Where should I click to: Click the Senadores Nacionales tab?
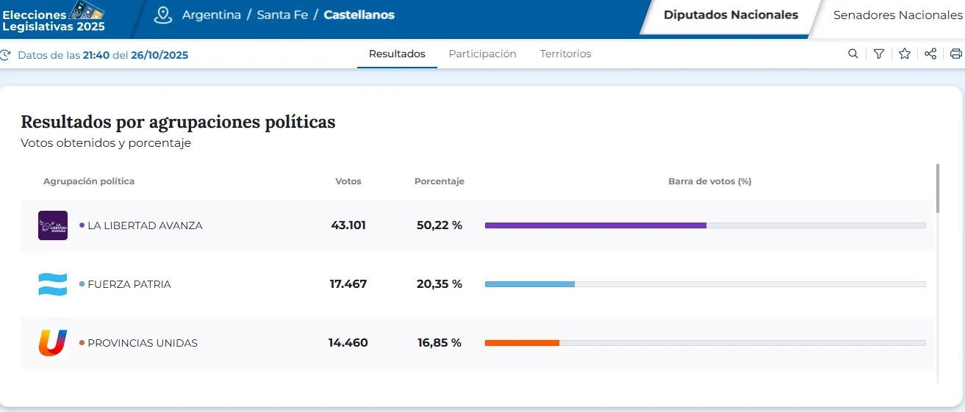click(x=897, y=15)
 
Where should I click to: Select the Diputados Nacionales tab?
click(x=731, y=15)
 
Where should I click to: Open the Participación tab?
click(x=482, y=54)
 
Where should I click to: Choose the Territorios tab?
click(x=565, y=54)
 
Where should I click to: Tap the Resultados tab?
click(x=397, y=54)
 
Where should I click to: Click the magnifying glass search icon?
click(x=853, y=54)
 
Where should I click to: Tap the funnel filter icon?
click(x=878, y=54)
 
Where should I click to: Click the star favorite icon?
click(x=905, y=54)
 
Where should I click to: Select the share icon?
click(x=930, y=54)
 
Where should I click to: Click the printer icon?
click(x=955, y=54)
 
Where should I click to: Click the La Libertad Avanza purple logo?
click(x=53, y=225)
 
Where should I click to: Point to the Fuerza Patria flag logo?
click(x=53, y=284)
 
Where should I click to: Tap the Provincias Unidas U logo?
click(x=53, y=343)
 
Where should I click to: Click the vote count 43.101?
click(x=348, y=225)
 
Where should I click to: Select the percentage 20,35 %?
click(x=440, y=284)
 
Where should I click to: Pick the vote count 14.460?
click(x=348, y=343)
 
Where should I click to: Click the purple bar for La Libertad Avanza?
click(x=595, y=225)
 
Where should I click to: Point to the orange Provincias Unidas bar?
click(x=522, y=343)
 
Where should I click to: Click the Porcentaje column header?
click(x=440, y=181)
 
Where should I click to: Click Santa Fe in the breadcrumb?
click(x=282, y=15)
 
